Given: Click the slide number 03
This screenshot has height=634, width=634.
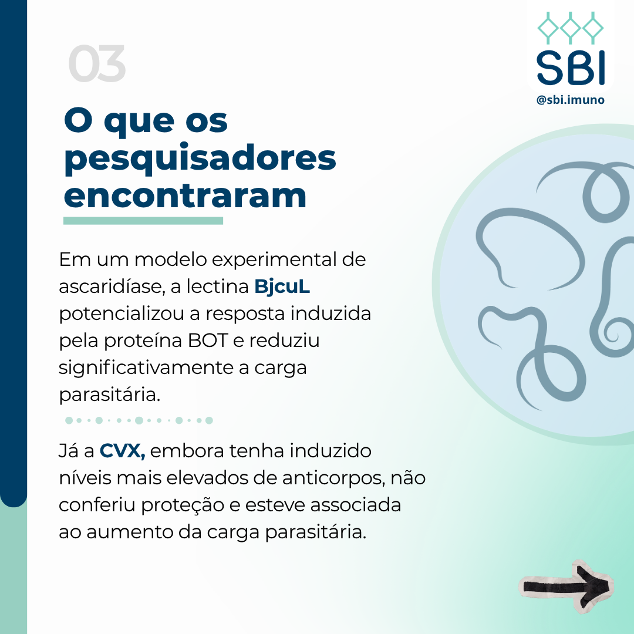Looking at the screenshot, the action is [x=97, y=63].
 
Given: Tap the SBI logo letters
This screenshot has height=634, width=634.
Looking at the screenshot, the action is [x=571, y=68].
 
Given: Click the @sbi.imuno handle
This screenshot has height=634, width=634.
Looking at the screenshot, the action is [x=570, y=99].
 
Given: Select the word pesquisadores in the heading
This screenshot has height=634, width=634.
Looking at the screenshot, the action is [x=200, y=159].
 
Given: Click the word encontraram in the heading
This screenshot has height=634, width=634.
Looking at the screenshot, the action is [x=185, y=195].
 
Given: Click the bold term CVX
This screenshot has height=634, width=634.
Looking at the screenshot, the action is [x=122, y=451].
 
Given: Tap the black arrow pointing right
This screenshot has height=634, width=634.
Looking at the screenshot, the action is [x=566, y=587].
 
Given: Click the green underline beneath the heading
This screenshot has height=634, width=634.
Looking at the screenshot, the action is [x=143, y=221].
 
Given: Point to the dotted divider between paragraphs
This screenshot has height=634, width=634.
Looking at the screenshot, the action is [x=139, y=420].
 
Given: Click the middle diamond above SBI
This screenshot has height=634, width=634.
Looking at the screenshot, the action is [x=571, y=28].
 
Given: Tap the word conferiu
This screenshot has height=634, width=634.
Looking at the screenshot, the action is [x=97, y=505].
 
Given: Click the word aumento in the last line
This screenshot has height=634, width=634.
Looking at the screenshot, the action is [x=129, y=532].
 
